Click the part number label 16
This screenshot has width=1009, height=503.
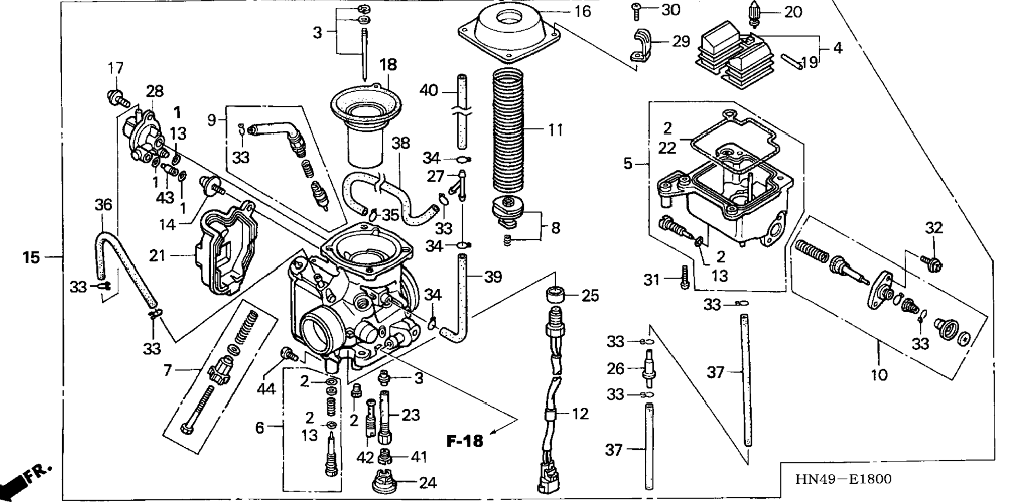[x=582, y=11]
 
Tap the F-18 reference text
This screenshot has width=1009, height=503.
[x=465, y=441]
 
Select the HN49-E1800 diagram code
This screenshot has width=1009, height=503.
[x=843, y=479]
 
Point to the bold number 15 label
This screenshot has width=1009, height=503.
[x=31, y=257]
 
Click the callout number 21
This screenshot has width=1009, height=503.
[x=157, y=255]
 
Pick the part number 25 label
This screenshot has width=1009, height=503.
[x=591, y=296]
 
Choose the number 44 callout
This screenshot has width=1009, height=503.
[x=266, y=388]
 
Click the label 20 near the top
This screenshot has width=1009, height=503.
[x=793, y=11]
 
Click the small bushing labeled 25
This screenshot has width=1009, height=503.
[x=555, y=295]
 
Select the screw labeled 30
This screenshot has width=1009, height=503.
[x=636, y=10]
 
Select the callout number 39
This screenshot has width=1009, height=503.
[x=493, y=277]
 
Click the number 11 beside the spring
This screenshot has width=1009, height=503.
[x=556, y=130]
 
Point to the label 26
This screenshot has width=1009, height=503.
[x=616, y=369]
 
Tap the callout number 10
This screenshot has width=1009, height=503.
[x=879, y=374]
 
